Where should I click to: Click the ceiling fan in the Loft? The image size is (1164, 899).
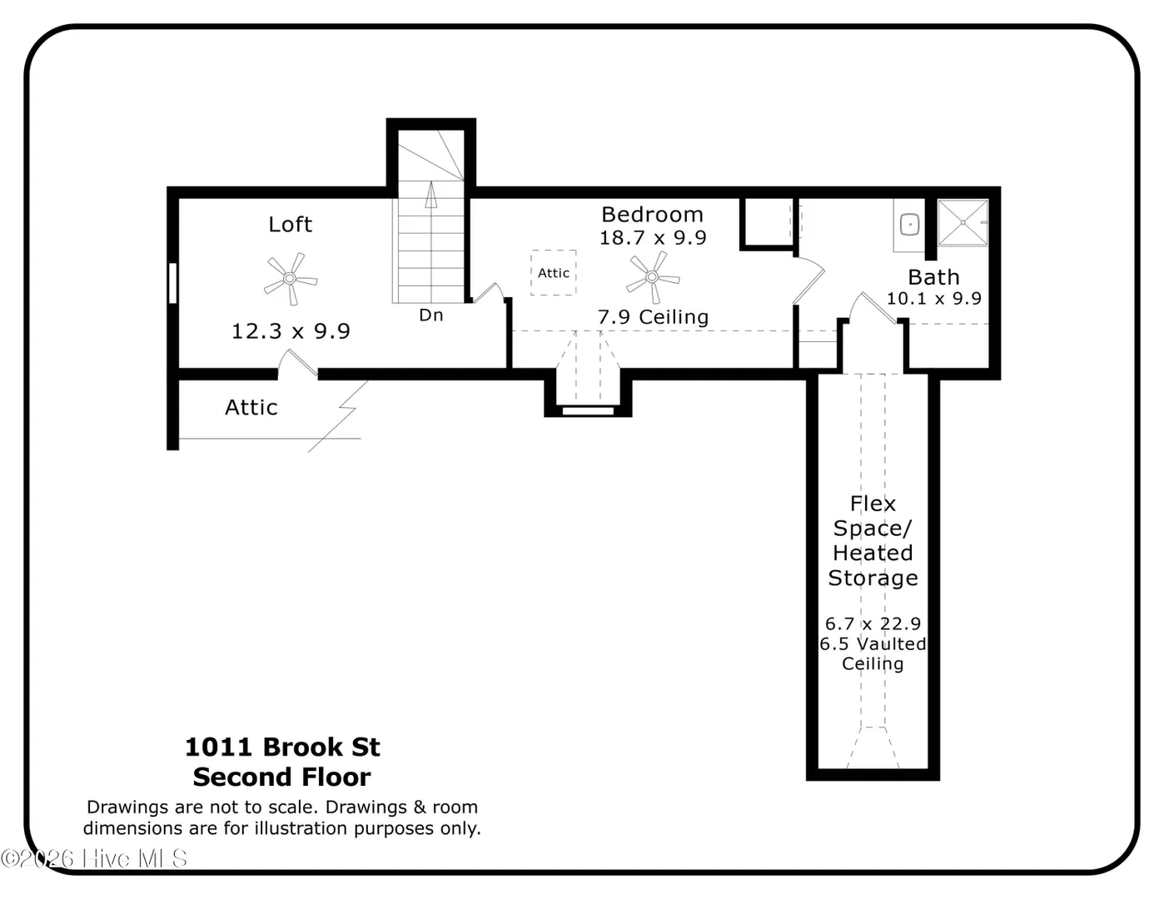[291, 278]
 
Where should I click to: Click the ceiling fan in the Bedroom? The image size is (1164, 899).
[653, 277]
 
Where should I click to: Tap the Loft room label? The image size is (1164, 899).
[290, 225]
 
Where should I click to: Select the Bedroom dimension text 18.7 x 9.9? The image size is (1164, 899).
[653, 238]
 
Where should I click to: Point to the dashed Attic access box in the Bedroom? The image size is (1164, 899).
[554, 272]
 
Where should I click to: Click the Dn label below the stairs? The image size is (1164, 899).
[430, 315]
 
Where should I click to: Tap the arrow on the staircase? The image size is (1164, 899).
[430, 194]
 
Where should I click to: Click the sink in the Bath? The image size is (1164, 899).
[909, 225]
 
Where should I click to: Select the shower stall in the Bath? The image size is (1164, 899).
[963, 223]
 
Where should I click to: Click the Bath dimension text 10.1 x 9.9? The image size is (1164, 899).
[933, 298]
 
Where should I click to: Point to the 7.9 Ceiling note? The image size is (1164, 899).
[653, 317]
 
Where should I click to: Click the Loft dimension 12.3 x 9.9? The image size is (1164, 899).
[291, 331]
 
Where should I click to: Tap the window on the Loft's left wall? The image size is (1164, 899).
[172, 283]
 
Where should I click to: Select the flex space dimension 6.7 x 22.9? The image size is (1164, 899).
[873, 623]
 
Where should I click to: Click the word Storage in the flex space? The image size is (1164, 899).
[873, 579]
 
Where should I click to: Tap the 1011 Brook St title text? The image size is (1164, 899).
[282, 747]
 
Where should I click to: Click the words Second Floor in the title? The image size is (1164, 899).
[281, 777]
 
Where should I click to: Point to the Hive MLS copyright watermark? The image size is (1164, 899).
[94, 858]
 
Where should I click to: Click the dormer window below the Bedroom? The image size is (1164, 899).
[588, 411]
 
